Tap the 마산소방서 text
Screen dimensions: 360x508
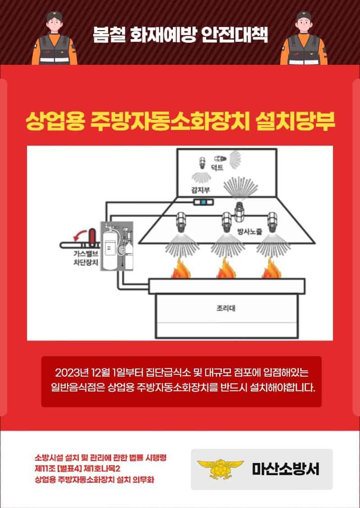click(x=285, y=469)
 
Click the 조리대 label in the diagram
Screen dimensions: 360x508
click(x=226, y=308)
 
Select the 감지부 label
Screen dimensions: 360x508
click(x=200, y=190)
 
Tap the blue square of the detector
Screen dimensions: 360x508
click(x=203, y=202)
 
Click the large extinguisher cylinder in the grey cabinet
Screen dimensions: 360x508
click(x=109, y=248)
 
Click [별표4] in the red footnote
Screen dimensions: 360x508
click(x=70, y=469)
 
